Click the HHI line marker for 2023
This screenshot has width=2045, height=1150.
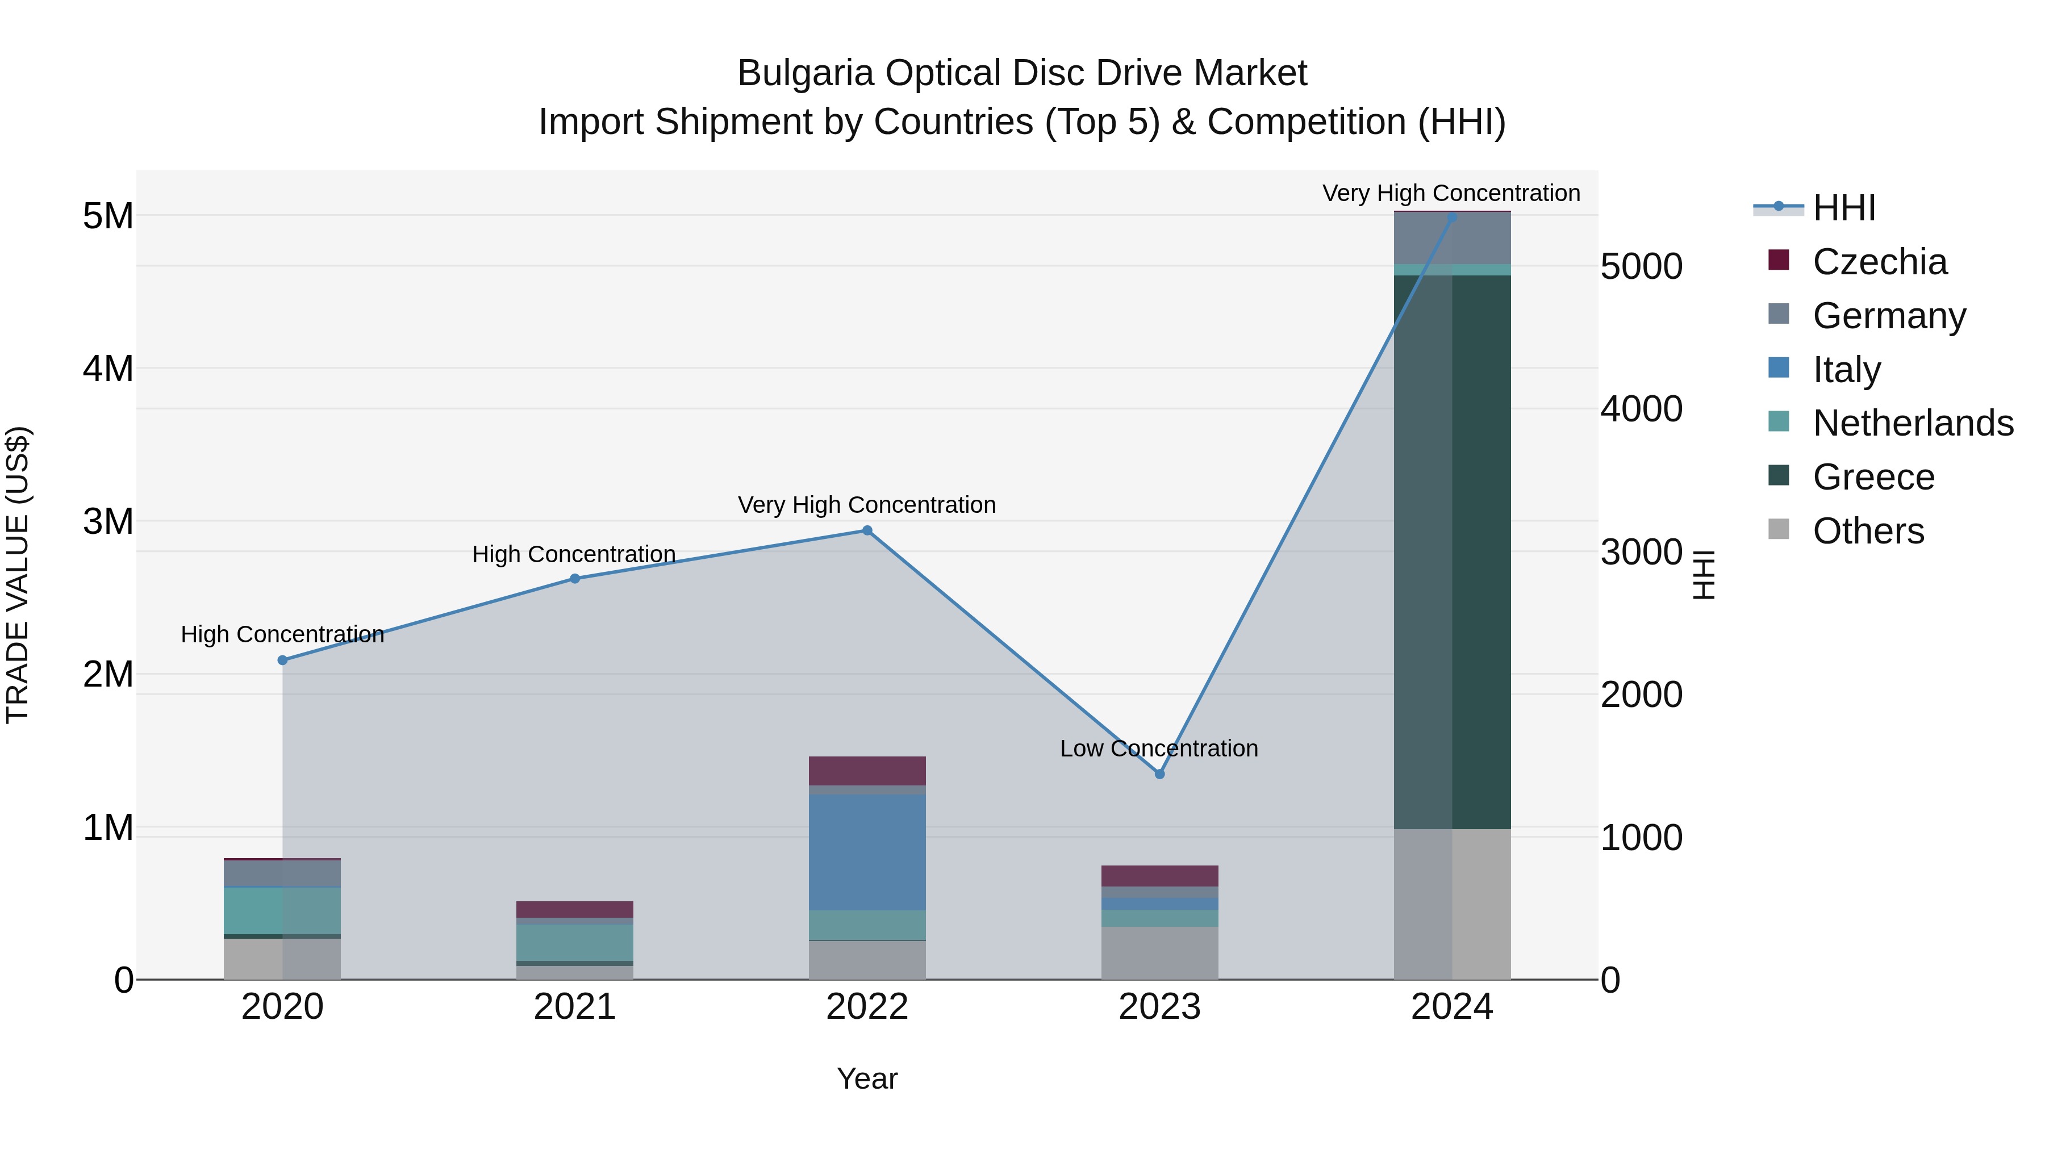[x=1159, y=774]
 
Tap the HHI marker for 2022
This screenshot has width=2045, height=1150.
[x=867, y=531]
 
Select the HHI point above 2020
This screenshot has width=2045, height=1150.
[x=283, y=660]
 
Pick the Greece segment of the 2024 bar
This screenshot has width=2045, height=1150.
[x=1452, y=551]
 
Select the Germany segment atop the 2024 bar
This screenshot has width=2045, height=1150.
[x=1452, y=238]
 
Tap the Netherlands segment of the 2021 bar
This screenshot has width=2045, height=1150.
[x=575, y=943]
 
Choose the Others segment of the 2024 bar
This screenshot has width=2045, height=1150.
[x=1452, y=904]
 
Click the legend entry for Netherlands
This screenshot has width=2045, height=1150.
[x=1912, y=423]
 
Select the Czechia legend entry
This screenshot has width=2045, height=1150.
[x=1879, y=262]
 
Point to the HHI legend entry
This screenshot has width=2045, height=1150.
[x=1843, y=208]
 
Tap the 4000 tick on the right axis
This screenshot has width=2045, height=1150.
[x=1640, y=409]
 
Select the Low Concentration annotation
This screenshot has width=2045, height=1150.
[x=1159, y=748]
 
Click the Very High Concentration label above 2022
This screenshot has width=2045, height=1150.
[x=867, y=505]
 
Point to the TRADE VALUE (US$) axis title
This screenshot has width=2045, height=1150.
[x=18, y=575]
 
